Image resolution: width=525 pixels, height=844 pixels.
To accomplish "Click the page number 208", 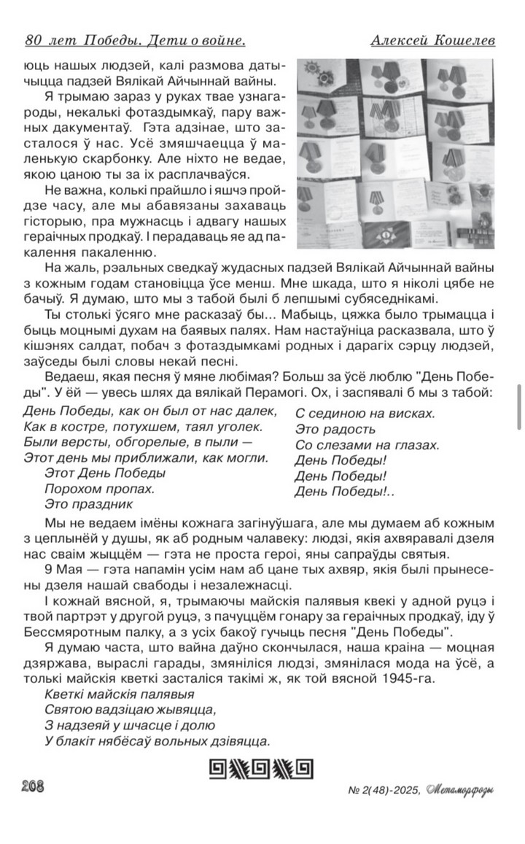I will click(33, 785).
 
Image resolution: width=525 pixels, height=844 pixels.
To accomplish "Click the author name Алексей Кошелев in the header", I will click(433, 41).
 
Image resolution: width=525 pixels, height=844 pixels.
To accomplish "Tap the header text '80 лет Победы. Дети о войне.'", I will click(135, 41).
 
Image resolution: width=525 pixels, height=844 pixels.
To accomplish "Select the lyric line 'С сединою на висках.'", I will click(365, 414).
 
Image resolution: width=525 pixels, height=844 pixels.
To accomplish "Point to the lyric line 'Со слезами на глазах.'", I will click(367, 444).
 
